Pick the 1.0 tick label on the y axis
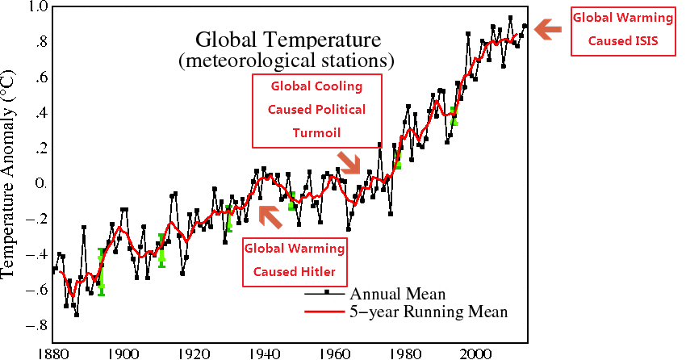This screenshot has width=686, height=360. tap(39, 8)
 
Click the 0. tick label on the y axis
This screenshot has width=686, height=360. tap(39, 184)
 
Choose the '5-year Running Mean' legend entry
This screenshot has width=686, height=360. tap(428, 311)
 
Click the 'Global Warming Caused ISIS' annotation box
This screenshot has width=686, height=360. tap(623, 31)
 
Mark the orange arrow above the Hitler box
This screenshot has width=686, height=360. tap(269, 216)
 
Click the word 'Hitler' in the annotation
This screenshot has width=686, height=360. tap(317, 270)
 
